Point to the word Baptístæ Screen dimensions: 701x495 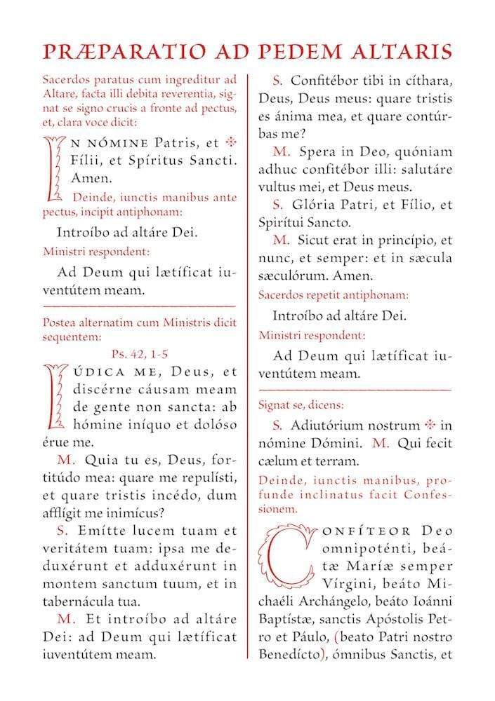pos(287,637)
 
